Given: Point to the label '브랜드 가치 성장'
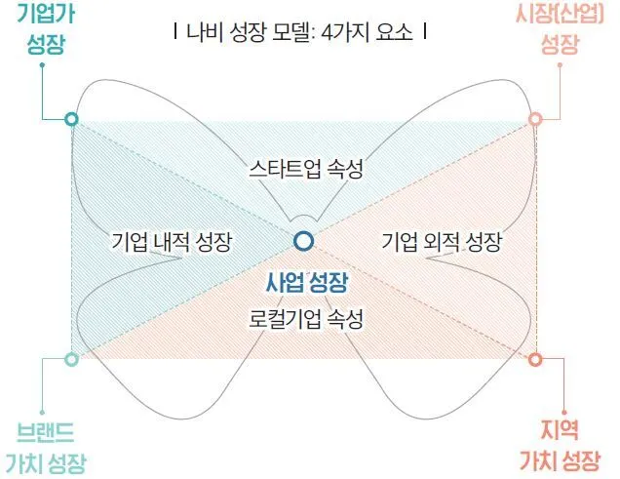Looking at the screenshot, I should pyautogui.click(x=47, y=445).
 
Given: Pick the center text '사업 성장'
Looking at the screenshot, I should pyautogui.click(x=305, y=283).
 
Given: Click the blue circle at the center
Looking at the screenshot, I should pyautogui.click(x=304, y=240).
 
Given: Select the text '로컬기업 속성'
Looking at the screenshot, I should pyautogui.click(x=305, y=319).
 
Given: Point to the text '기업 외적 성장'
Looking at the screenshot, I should pyautogui.click(x=442, y=240).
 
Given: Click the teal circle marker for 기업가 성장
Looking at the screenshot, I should pyautogui.click(x=70, y=119).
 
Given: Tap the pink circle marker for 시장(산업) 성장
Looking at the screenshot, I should pyautogui.click(x=535, y=119).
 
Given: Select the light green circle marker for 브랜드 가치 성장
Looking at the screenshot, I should pyautogui.click(x=70, y=359).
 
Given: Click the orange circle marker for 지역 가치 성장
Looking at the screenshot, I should pyautogui.click(x=535, y=359).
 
